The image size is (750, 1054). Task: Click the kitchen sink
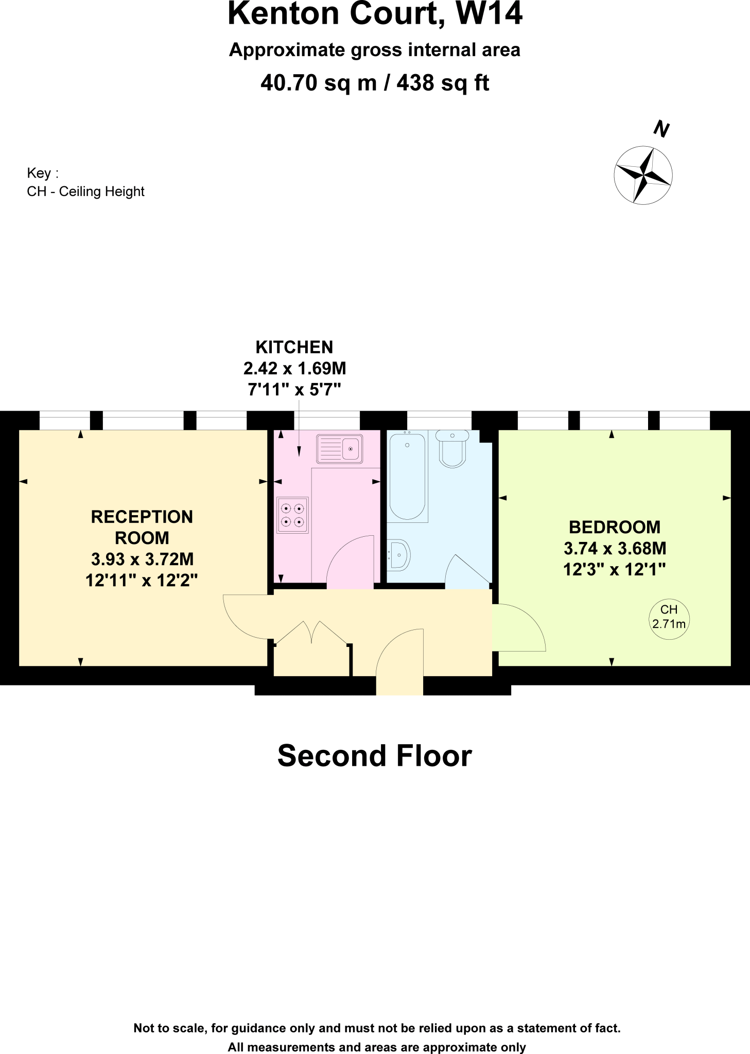click(340, 449)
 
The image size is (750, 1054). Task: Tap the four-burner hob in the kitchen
click(292, 515)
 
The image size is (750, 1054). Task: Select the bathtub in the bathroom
click(408, 476)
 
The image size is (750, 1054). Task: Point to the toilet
click(452, 448)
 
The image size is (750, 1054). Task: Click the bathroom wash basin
click(398, 555)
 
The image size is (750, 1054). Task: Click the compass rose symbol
click(643, 175)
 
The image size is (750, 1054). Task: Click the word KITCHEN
click(294, 347)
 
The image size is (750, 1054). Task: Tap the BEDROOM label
click(615, 527)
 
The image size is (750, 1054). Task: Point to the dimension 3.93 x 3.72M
click(142, 559)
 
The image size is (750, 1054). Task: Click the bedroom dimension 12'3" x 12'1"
click(615, 570)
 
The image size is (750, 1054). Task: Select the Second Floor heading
click(375, 756)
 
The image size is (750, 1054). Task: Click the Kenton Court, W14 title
click(375, 14)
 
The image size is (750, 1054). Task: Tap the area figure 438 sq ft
click(443, 83)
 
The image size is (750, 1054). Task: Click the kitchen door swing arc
click(350, 561)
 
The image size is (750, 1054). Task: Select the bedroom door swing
click(517, 628)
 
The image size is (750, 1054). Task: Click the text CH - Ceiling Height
click(85, 191)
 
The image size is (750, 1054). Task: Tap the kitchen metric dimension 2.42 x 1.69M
click(294, 368)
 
